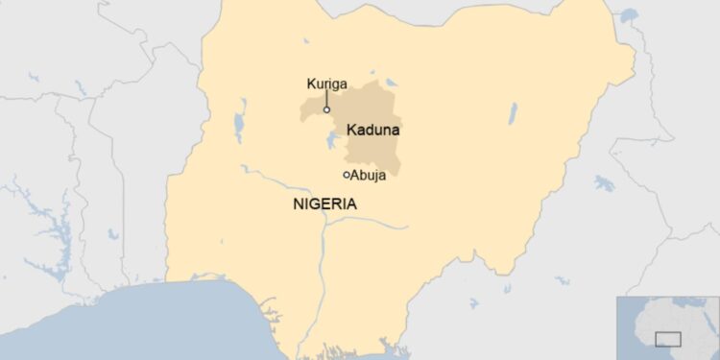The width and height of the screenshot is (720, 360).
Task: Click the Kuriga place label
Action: click(326, 84)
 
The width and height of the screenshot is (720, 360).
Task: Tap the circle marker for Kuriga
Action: click(326, 109)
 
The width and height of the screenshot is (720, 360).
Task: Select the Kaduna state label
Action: click(372, 129)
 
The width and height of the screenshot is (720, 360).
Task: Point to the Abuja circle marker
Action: click(347, 175)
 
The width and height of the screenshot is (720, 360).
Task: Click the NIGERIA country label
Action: click(324, 204)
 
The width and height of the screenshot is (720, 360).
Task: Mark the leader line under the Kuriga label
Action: click(326, 98)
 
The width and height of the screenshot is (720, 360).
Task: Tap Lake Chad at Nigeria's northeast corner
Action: click(630, 16)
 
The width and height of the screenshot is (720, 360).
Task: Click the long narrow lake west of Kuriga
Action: click(237, 123)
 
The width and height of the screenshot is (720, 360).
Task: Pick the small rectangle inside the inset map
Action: click(667, 339)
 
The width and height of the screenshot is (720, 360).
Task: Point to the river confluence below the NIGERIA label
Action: click(326, 224)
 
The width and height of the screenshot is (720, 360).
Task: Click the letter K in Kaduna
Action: click(351, 129)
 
